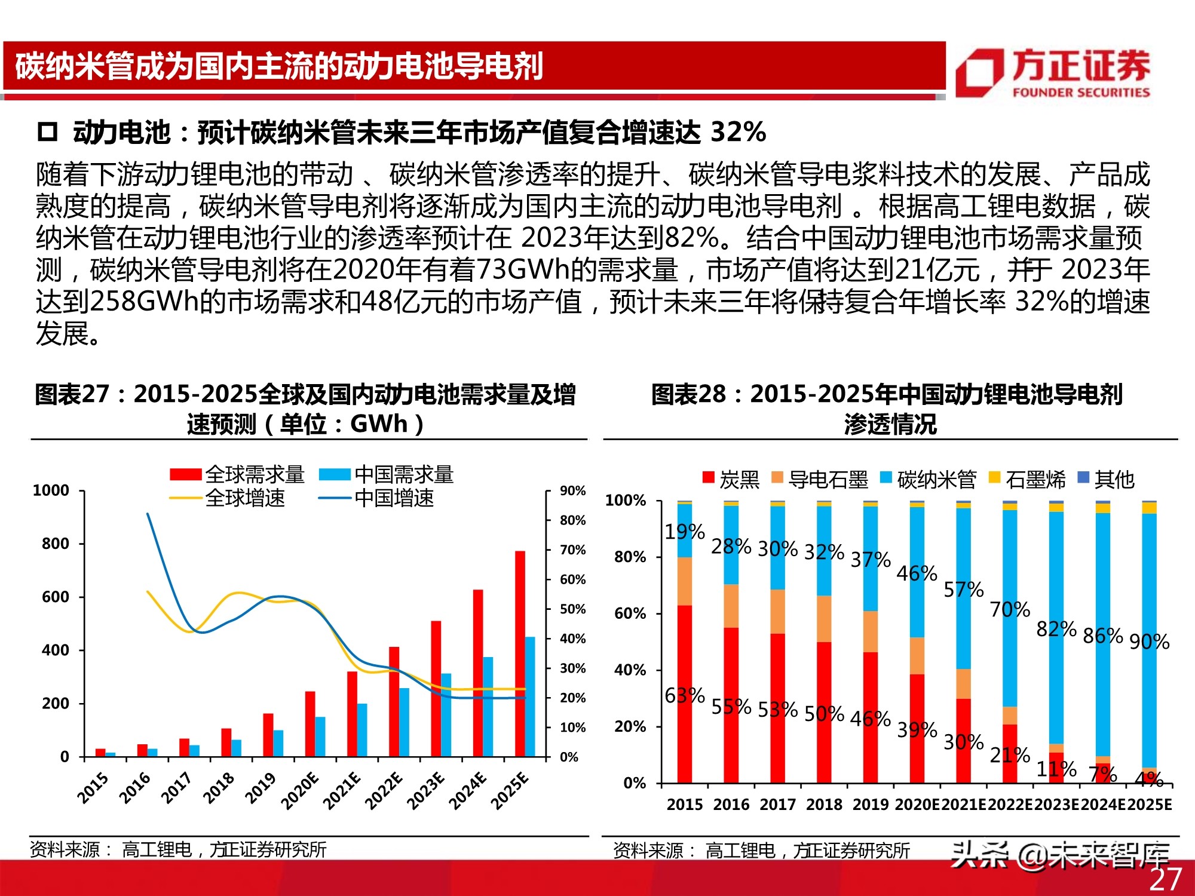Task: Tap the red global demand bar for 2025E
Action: (x=520, y=653)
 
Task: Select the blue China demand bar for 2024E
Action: (x=488, y=706)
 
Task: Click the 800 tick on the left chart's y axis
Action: (x=56, y=544)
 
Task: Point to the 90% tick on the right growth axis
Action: (x=572, y=491)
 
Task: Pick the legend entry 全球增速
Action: (x=245, y=498)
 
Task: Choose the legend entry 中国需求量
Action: (x=404, y=475)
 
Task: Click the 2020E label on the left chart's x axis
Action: (x=299, y=790)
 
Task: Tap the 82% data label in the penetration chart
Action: (x=1056, y=629)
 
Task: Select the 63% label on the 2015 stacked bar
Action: (x=684, y=695)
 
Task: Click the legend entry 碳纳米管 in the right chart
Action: (x=936, y=479)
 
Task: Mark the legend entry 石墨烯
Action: (x=1035, y=479)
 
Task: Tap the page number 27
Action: (x=1166, y=879)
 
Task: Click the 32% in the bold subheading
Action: (x=738, y=132)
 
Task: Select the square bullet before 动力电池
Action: (x=47, y=131)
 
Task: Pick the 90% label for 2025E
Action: (x=1148, y=642)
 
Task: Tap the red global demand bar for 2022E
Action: (x=394, y=701)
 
